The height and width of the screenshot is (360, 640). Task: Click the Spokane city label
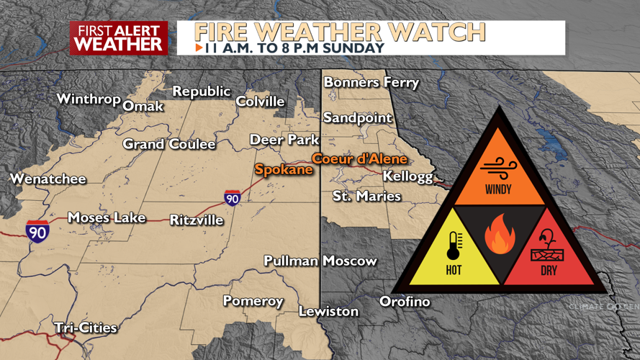pyautogui.click(x=284, y=170)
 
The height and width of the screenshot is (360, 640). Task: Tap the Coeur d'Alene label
pyautogui.click(x=359, y=159)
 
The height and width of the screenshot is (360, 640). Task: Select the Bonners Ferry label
pyautogui.click(x=371, y=82)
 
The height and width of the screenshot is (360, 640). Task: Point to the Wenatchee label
pyautogui.click(x=48, y=179)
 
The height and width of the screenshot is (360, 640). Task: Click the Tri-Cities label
pyautogui.click(x=86, y=328)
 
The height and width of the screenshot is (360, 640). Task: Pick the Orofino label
pyautogui.click(x=405, y=301)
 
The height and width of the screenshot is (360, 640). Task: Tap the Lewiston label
pyautogui.click(x=328, y=311)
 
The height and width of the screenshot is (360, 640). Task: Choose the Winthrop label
pyautogui.click(x=88, y=99)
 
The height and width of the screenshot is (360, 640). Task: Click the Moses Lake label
pyautogui.click(x=107, y=217)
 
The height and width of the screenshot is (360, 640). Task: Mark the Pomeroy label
pyautogui.click(x=253, y=301)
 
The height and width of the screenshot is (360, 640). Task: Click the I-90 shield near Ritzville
pyautogui.click(x=232, y=198)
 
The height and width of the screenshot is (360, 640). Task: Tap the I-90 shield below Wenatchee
pyautogui.click(x=37, y=231)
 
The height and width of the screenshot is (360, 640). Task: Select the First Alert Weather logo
pyautogui.click(x=119, y=38)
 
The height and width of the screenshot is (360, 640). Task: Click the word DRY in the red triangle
pyautogui.click(x=549, y=271)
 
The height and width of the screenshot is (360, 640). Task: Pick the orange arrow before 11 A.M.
pyautogui.click(x=199, y=48)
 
